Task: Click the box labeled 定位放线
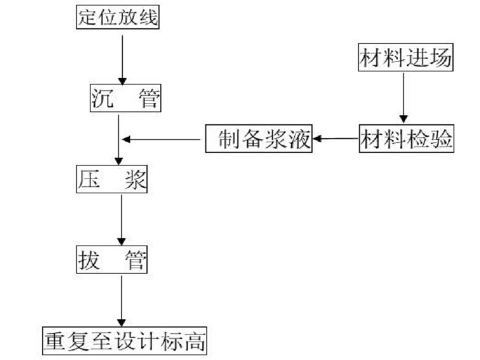[x=118, y=17]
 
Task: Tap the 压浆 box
[x=113, y=180]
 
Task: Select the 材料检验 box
[x=406, y=140]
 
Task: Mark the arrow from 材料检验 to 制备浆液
[x=336, y=139]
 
